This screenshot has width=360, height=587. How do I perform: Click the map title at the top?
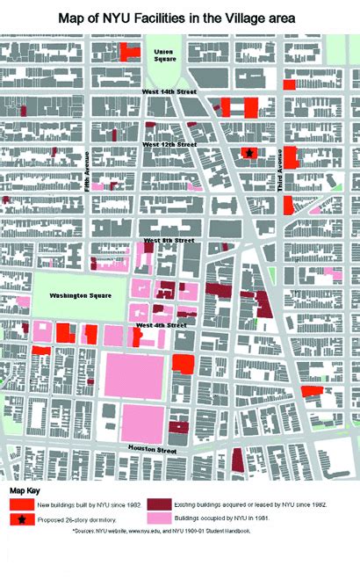tap(179, 17)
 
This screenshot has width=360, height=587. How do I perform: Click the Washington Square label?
tap(79, 295)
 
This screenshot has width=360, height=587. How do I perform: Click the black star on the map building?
tap(249, 153)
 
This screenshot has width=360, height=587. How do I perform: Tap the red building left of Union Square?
tap(129, 50)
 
